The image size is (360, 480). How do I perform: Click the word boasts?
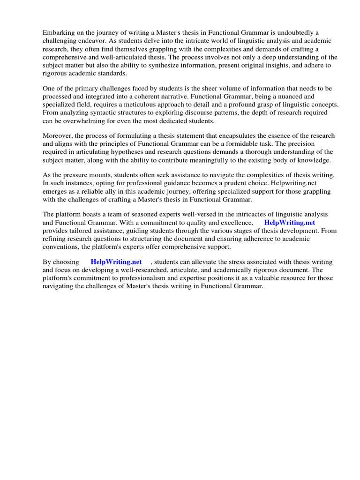(x=91, y=214)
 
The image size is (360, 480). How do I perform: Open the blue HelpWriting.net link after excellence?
(x=289, y=223)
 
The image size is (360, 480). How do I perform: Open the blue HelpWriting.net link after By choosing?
(x=116, y=262)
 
